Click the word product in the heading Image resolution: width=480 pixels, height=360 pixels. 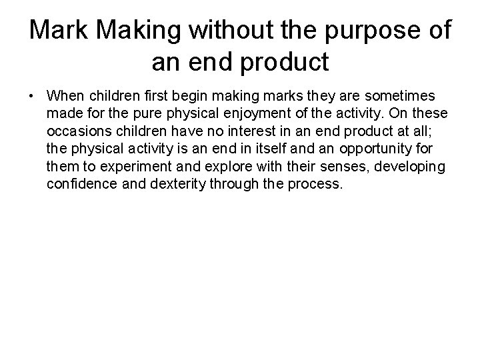[287, 62]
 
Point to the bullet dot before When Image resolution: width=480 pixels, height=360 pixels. [32, 97]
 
